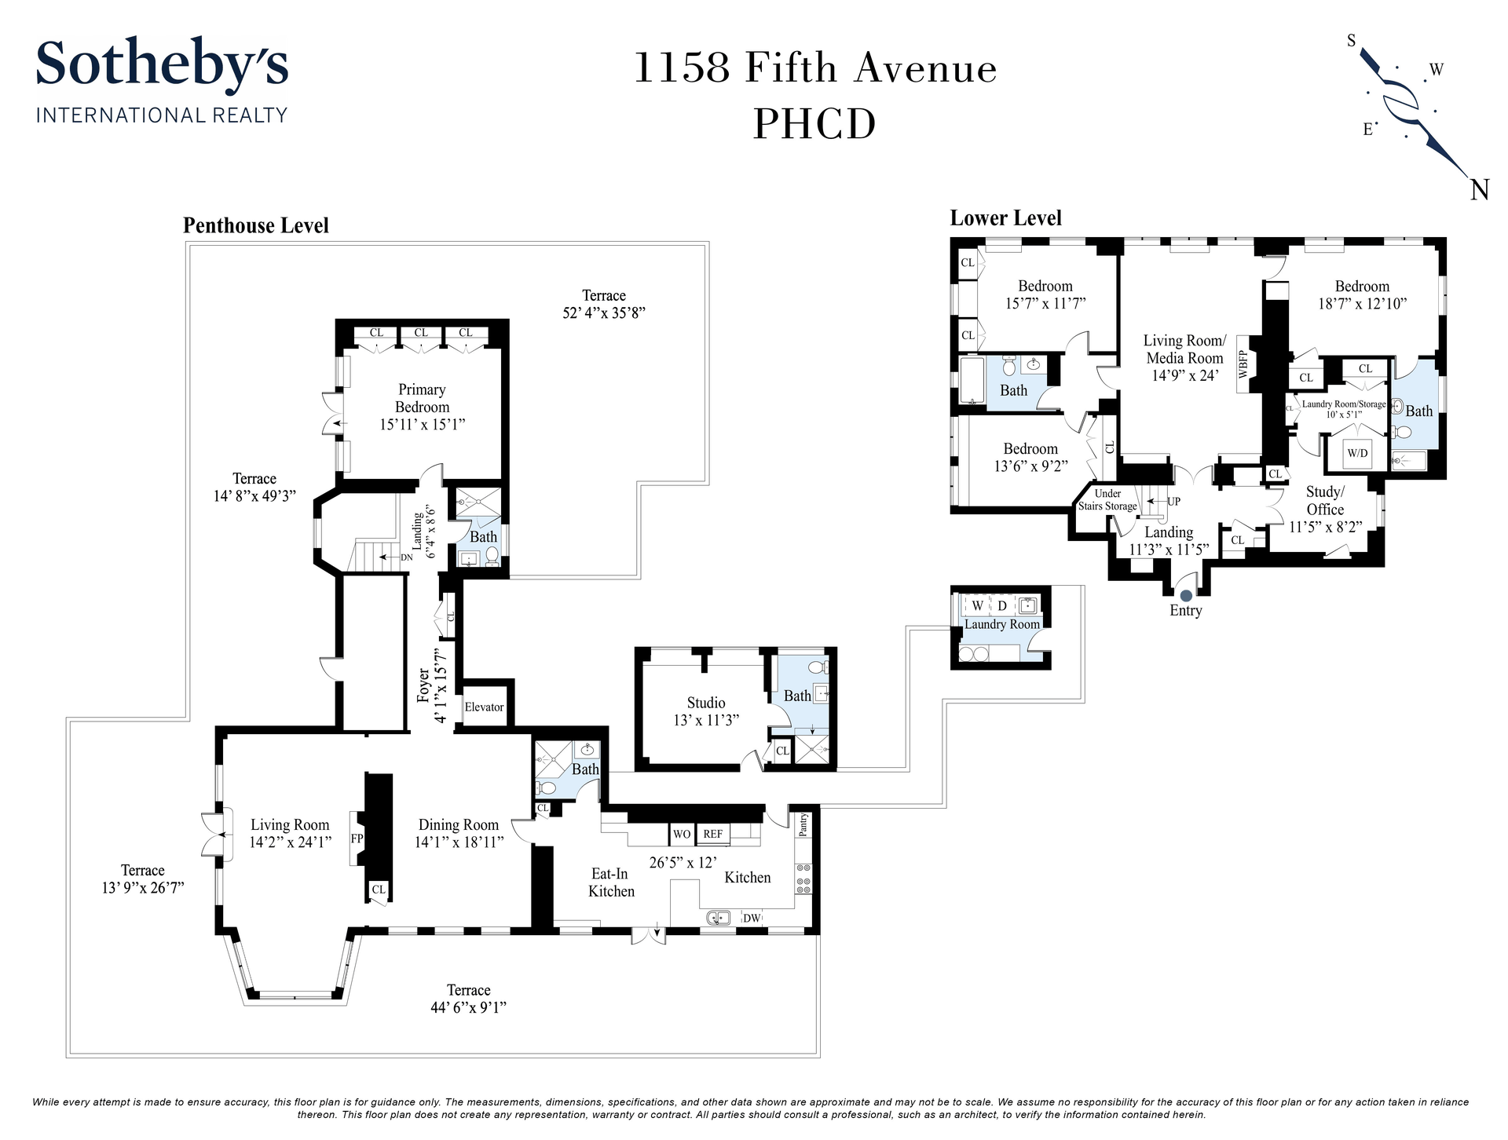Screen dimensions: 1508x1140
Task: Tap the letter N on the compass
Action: pyautogui.click(x=1479, y=190)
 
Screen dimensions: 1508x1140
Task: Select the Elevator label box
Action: pyautogui.click(x=484, y=707)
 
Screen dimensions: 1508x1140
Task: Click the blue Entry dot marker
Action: pyautogui.click(x=1186, y=597)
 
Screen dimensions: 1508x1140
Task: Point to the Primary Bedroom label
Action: pyautogui.click(x=423, y=398)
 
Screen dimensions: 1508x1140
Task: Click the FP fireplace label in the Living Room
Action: pyautogui.click(x=357, y=839)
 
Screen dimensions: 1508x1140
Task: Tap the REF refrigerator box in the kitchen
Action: pyautogui.click(x=712, y=834)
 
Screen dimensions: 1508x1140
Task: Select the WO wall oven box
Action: pyautogui.click(x=681, y=834)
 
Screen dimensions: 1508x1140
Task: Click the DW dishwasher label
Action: pyautogui.click(x=752, y=918)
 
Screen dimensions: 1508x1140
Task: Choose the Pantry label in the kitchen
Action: pyautogui.click(x=803, y=824)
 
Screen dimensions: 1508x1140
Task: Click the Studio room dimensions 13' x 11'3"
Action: pyautogui.click(x=706, y=720)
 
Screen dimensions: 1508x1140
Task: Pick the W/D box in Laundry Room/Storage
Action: pyautogui.click(x=1357, y=453)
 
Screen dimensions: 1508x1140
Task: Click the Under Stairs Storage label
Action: pyautogui.click(x=1107, y=500)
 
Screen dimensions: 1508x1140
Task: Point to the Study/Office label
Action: pyautogui.click(x=1325, y=500)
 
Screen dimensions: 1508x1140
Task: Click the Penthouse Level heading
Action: pyautogui.click(x=256, y=226)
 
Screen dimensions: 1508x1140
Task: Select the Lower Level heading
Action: pyautogui.click(x=1006, y=218)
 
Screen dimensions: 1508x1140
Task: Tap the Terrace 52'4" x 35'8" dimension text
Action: pyautogui.click(x=604, y=312)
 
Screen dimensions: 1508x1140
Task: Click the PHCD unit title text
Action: pyautogui.click(x=814, y=124)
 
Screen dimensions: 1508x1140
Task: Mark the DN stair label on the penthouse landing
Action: pyautogui.click(x=407, y=557)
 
